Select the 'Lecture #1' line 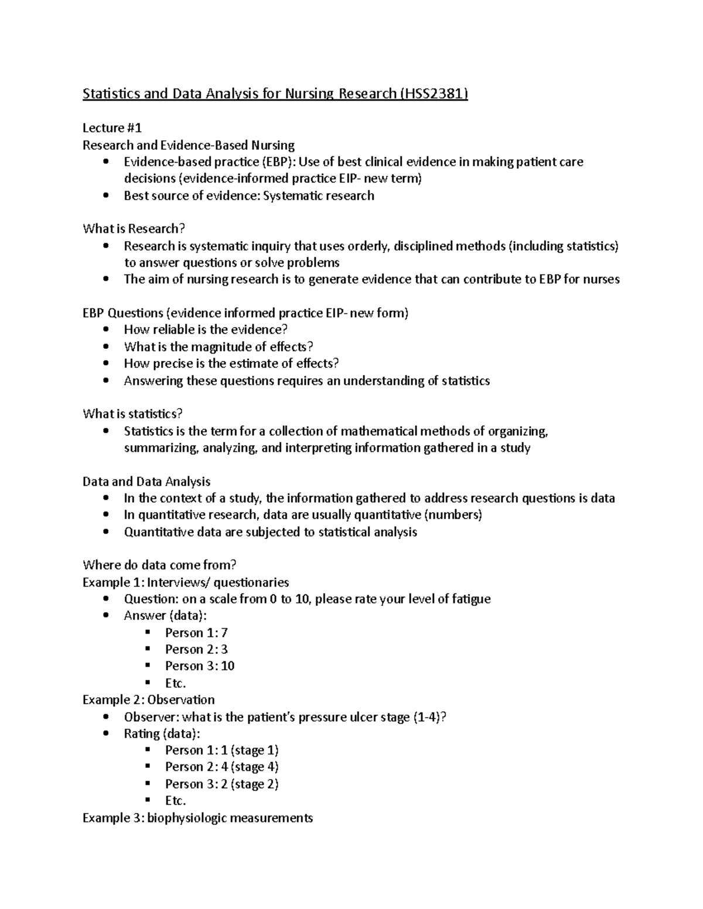tap(112, 128)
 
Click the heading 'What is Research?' tap(134, 229)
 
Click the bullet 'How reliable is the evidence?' tap(206, 330)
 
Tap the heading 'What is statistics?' tap(132, 414)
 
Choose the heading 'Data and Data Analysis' tap(146, 481)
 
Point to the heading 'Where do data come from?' tap(159, 565)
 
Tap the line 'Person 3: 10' tap(200, 666)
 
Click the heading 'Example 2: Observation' tap(148, 700)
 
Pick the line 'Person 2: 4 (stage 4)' tap(221, 767)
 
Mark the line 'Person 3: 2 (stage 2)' tap(221, 784)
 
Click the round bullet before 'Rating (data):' tap(105, 733)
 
